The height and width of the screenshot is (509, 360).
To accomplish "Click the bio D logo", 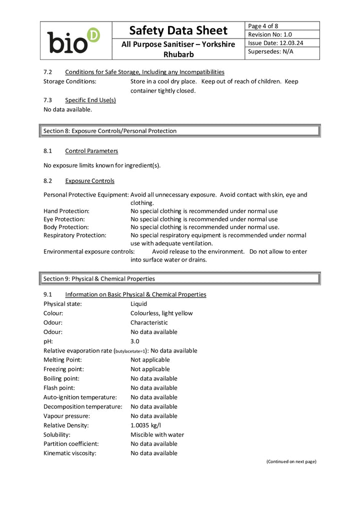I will tap(73, 40).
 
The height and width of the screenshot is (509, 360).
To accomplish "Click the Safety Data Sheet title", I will tap(178, 30).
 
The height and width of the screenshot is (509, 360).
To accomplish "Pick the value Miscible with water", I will tap(157, 434).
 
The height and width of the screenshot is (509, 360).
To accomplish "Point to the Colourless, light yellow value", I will tap(161, 313).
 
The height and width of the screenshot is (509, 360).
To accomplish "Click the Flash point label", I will tap(59, 387).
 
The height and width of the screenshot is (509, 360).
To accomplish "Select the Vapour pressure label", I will tap(66, 415).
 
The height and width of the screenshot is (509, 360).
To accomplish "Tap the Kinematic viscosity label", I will tap(69, 453).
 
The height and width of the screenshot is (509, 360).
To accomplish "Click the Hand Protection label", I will tap(66, 211).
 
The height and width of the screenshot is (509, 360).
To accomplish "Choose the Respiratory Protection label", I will tap(75, 235).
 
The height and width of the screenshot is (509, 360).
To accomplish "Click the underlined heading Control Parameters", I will tap(91, 150).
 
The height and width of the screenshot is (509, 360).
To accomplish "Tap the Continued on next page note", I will tap(291, 461).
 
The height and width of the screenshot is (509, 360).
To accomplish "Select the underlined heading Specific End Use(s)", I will tap(90, 100).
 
